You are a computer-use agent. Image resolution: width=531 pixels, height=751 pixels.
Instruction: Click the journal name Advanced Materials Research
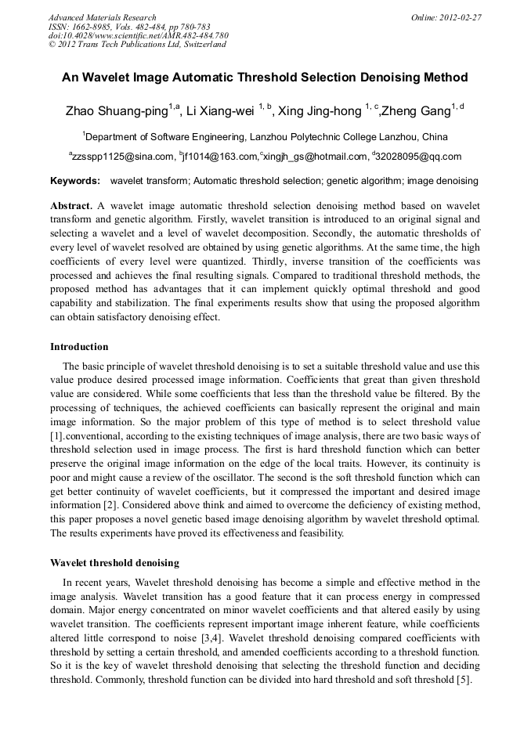point(102,17)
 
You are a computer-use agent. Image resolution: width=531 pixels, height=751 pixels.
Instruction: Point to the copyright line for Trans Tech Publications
point(137,45)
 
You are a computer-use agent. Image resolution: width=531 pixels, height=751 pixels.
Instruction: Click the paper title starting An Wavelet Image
point(265,78)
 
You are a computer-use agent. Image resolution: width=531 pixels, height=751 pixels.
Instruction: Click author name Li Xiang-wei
point(222,111)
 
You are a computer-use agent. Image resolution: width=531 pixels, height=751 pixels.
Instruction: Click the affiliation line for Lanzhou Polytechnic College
point(266,136)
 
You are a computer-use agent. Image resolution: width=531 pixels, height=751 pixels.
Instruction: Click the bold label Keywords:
point(75,181)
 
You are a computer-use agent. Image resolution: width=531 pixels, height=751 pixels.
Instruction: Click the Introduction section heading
point(79,347)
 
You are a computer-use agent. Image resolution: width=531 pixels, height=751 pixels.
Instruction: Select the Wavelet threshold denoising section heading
point(114,563)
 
